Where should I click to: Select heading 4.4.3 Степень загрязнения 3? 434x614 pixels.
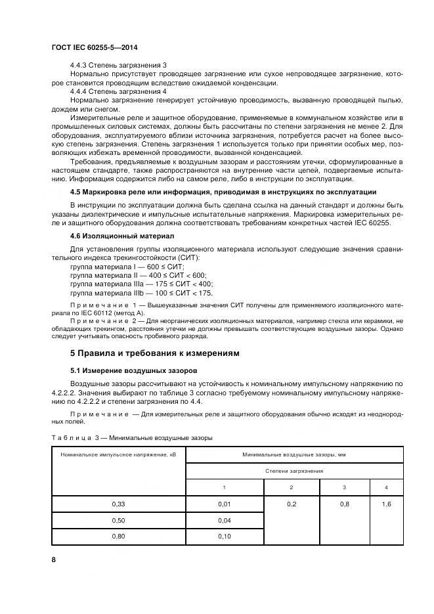(x=118, y=66)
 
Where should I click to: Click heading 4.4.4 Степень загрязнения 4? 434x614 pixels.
(x=118, y=91)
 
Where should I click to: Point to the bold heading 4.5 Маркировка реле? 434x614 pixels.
(x=223, y=192)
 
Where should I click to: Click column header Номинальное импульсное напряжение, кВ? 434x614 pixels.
(x=119, y=454)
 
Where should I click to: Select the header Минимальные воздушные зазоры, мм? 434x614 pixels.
(x=294, y=454)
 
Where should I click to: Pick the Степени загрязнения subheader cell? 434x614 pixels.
(x=294, y=471)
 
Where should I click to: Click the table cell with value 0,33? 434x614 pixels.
(x=119, y=504)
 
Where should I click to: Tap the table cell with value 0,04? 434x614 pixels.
(x=224, y=521)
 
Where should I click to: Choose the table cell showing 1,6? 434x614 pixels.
(x=385, y=504)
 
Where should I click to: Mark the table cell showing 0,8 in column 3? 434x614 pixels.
(x=343, y=504)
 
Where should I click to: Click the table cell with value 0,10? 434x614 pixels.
(x=224, y=537)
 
